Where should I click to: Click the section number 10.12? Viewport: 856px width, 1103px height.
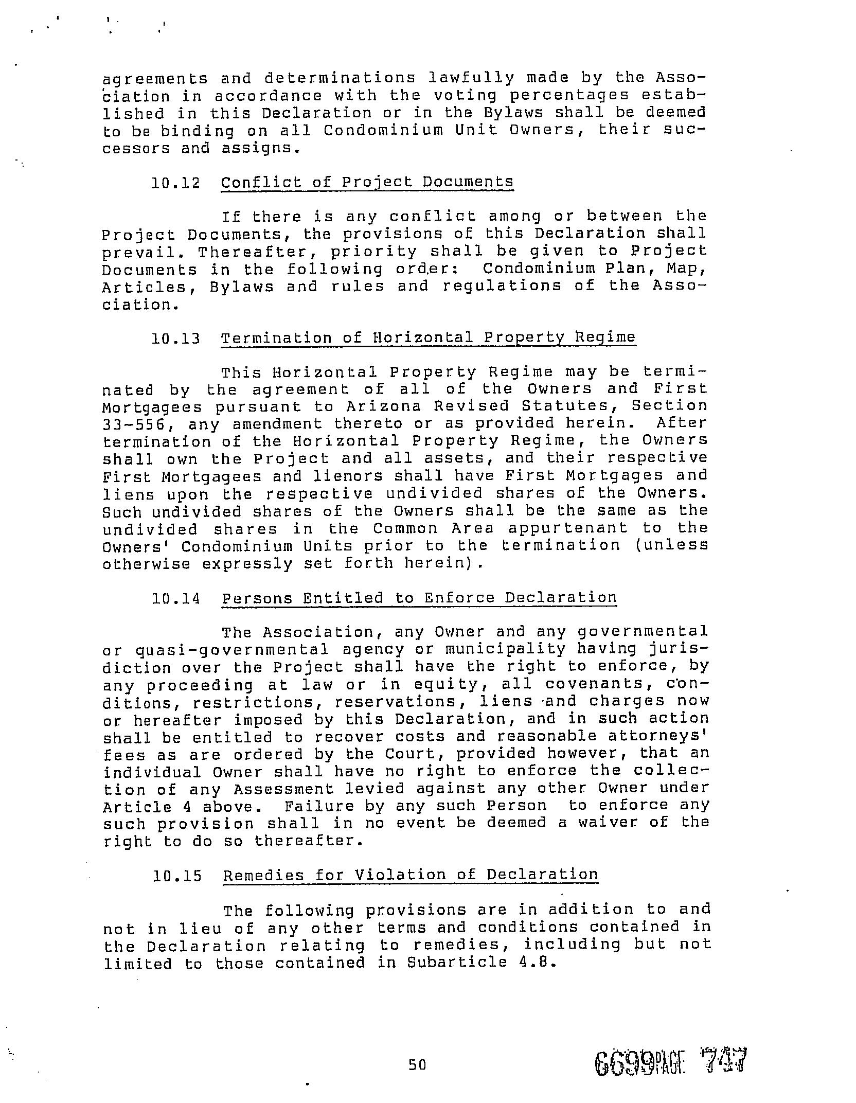[175, 183]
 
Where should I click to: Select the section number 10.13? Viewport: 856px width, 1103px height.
[175, 339]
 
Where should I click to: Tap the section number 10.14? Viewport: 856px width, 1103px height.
[175, 598]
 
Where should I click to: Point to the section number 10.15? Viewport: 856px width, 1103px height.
[176, 876]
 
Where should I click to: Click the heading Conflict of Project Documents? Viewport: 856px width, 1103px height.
[367, 182]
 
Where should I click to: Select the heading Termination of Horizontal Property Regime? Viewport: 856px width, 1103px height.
[428, 338]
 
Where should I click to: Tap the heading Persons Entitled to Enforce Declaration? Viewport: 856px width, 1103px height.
[419, 598]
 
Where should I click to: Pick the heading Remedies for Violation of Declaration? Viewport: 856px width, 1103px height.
[411, 875]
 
